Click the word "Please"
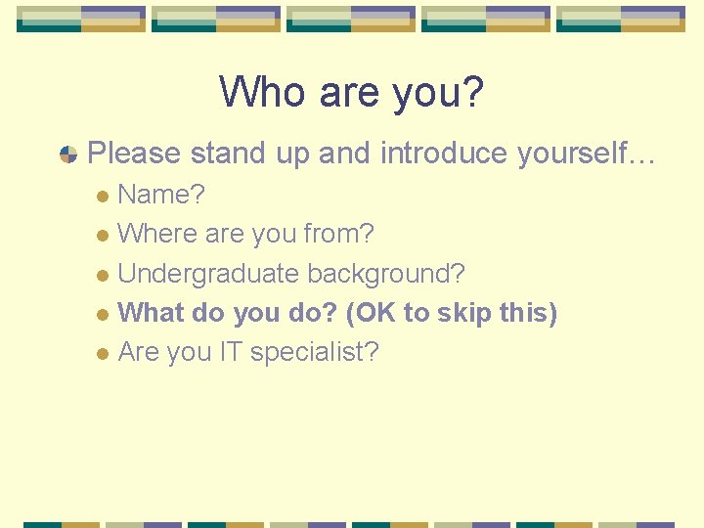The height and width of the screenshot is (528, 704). coord(134,154)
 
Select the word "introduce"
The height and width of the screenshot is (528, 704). coord(444,154)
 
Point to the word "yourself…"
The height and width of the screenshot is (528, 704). coord(586,154)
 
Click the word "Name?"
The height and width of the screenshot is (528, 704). coord(161,195)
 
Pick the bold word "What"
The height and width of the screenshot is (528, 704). coord(151,313)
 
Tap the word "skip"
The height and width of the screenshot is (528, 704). coord(464,313)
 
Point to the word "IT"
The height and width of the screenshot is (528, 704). coord(230,352)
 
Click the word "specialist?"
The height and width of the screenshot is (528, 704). coord(314,352)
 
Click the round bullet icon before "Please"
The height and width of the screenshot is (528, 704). coord(68,154)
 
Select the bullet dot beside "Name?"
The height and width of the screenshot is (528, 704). coord(104,196)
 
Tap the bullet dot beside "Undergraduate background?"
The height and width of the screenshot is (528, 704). coord(104,275)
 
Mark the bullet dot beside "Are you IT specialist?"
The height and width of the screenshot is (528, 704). coord(104,353)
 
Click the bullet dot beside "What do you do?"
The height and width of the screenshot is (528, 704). coord(104,314)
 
